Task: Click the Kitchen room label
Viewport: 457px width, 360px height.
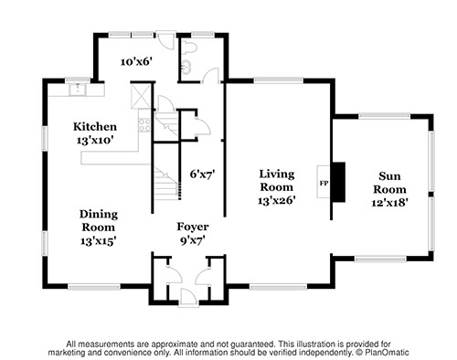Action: click(95, 127)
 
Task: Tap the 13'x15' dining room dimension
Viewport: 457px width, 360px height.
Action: click(98, 241)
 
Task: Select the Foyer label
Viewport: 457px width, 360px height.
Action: click(193, 227)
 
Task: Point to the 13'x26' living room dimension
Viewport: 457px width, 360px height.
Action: click(277, 201)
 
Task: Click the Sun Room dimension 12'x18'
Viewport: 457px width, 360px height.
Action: click(389, 203)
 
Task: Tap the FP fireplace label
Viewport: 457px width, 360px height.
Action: click(324, 184)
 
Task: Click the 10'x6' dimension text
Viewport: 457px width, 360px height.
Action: click(136, 62)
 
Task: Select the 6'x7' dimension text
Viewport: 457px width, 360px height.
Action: click(203, 175)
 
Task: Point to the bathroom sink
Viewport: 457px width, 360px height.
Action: click(186, 66)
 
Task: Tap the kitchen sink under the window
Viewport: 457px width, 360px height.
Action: click(78, 89)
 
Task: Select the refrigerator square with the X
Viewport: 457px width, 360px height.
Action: click(141, 96)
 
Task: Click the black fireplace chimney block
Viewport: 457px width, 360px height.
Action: click(338, 182)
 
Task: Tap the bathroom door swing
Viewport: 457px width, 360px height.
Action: click(211, 75)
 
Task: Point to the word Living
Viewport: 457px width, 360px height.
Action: click(277, 175)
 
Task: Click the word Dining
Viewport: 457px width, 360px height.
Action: click(99, 215)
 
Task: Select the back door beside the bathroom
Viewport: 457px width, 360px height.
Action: click(166, 39)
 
